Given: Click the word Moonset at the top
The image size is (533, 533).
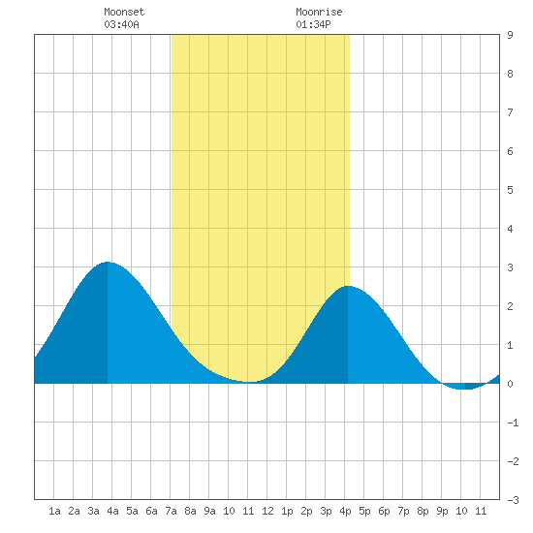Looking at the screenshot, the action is tap(124, 12).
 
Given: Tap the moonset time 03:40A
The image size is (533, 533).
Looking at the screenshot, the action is tap(121, 24).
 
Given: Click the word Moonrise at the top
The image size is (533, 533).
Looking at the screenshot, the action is tap(319, 12).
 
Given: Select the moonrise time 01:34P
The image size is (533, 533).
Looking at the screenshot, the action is tap(313, 24).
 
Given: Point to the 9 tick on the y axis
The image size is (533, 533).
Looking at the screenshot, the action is tap(510, 35).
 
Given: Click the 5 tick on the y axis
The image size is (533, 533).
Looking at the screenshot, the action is tap(510, 190).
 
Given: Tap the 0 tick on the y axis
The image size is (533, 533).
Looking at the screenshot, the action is tap(510, 384).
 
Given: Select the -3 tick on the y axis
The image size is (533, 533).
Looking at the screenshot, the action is tap(513, 500).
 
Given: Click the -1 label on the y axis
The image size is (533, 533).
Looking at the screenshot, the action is tap(513, 423).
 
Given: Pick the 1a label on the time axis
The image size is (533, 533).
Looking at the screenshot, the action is tap(54, 511).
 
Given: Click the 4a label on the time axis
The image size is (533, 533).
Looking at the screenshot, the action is tap(112, 511).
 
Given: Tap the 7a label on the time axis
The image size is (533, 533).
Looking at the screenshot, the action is tap(171, 511).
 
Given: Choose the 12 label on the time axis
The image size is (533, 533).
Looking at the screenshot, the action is tap(267, 511).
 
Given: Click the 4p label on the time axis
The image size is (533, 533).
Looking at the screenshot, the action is tap(345, 511).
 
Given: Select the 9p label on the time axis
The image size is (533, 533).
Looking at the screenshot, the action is tap(442, 511).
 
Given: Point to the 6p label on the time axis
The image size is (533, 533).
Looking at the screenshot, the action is tap(384, 511).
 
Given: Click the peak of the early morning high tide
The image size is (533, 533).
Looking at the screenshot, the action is tap(108, 262).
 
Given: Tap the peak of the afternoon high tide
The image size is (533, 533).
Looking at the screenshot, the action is tap(348, 286).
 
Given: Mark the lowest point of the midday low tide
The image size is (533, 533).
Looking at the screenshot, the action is tap(249, 382).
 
